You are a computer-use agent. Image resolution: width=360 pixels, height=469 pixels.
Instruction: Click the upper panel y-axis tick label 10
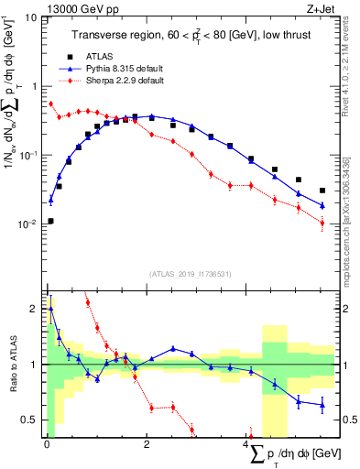pos(30,16)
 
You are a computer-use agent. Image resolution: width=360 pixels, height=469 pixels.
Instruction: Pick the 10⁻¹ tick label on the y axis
pos(28,155)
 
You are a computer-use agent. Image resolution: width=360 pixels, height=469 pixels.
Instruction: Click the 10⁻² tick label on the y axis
pos(28,224)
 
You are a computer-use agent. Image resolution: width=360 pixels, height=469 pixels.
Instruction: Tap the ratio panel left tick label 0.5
pos(29,420)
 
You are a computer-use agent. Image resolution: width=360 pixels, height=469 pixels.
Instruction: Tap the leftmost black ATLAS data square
pos(50,221)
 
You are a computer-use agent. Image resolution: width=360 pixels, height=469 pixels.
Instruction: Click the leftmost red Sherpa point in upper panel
pos(50,104)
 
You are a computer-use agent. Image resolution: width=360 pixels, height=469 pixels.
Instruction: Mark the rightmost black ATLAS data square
pos(322,191)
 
